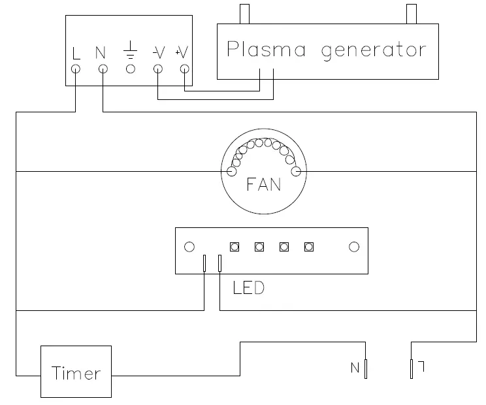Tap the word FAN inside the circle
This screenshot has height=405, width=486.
pyautogui.click(x=264, y=184)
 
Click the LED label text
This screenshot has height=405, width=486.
pyautogui.click(x=249, y=287)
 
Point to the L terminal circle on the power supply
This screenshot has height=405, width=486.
pyautogui.click(x=76, y=68)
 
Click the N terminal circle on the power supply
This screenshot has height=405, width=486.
pyautogui.click(x=103, y=68)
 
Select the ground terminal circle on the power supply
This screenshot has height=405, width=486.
pyautogui.click(x=130, y=68)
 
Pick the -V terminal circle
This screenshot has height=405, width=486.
pyautogui.click(x=157, y=68)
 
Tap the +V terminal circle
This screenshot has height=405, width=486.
pyautogui.click(x=184, y=68)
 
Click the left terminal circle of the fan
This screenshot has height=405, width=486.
pyautogui.click(x=232, y=172)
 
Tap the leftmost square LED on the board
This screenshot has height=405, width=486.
pyautogui.click(x=234, y=247)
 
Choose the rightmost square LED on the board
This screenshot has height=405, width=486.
pyautogui.click(x=309, y=247)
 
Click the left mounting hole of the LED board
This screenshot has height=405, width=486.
pyautogui.click(x=189, y=247)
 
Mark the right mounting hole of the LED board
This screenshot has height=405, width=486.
pyautogui.click(x=354, y=247)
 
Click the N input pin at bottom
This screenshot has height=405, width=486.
pyautogui.click(x=366, y=369)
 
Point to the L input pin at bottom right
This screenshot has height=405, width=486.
pyautogui.click(x=412, y=369)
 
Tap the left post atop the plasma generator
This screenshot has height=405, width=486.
pyautogui.click(x=245, y=13)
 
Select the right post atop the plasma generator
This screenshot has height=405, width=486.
pyautogui.click(x=411, y=13)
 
